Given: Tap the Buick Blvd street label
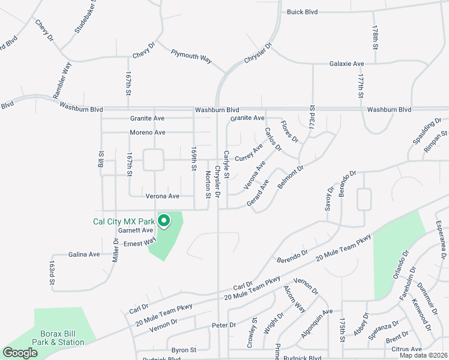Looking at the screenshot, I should pos(302,12).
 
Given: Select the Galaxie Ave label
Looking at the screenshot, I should pos(346,64).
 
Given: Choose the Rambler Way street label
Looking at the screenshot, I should pos(62,80).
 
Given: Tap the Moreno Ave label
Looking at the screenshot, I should pos(147,132).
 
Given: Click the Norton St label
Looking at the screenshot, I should pos(208,184).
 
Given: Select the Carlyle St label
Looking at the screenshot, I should pos(226,164).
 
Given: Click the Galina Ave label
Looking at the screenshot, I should pos(84,254).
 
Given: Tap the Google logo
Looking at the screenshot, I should pos(20,353).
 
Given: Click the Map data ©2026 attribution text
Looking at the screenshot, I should pos(423,355).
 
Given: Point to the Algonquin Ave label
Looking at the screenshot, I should pos(316,323).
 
